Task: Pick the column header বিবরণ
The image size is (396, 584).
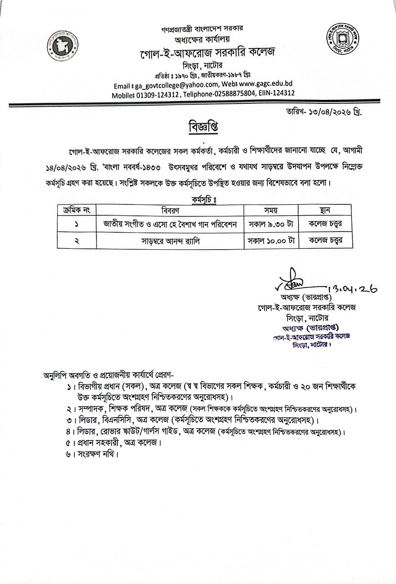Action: tap(170, 210)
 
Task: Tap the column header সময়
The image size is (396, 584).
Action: tap(271, 210)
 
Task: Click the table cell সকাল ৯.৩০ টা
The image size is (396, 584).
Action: tap(271, 224)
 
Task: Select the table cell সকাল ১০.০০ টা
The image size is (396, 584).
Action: tap(271, 241)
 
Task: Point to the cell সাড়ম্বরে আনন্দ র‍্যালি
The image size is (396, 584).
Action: tap(170, 241)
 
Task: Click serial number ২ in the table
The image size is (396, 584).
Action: tap(77, 241)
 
